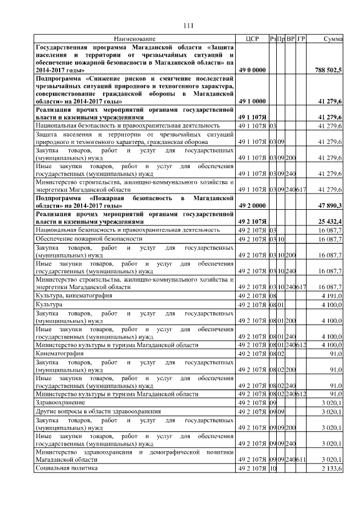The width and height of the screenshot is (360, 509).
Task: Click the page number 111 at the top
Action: [188, 25]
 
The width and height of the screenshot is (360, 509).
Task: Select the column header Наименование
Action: [134, 38]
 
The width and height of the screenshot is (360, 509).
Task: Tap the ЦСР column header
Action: [251, 38]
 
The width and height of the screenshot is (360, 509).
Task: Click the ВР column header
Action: [291, 38]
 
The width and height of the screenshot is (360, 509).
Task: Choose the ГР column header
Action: [301, 38]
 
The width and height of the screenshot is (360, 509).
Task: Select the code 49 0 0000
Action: [252, 70]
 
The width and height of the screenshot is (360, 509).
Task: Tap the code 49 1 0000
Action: [252, 101]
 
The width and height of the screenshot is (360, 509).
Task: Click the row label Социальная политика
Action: [66, 468]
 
